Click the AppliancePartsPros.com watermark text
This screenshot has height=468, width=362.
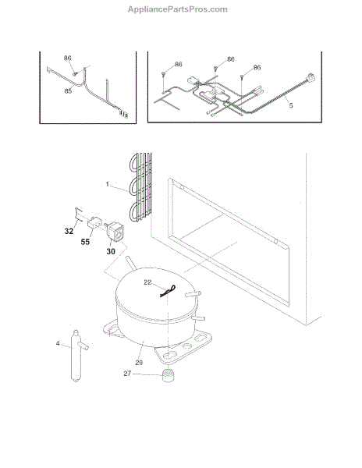click(178, 9)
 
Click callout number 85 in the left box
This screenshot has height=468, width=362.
click(68, 90)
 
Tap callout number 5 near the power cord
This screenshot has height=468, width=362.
click(291, 105)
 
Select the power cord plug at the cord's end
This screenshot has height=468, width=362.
click(311, 77)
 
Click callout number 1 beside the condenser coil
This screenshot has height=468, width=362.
click(108, 184)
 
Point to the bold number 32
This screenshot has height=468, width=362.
click(69, 231)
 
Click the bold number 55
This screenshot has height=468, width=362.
click(85, 242)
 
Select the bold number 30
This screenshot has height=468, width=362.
click(111, 252)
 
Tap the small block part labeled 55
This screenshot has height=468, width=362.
click(94, 222)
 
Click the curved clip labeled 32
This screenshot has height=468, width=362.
click(78, 215)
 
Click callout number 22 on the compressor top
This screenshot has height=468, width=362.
click(147, 282)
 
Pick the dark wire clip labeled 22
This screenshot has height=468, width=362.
click(168, 291)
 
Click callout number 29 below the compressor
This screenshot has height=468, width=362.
click(139, 363)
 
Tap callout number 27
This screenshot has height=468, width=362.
click(127, 374)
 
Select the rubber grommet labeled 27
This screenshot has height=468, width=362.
click(169, 375)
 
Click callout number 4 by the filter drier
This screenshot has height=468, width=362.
click(58, 343)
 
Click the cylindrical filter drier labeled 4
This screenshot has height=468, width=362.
click(76, 356)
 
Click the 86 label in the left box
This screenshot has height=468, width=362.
click(68, 58)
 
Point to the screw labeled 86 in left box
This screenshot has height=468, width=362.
click(75, 74)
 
